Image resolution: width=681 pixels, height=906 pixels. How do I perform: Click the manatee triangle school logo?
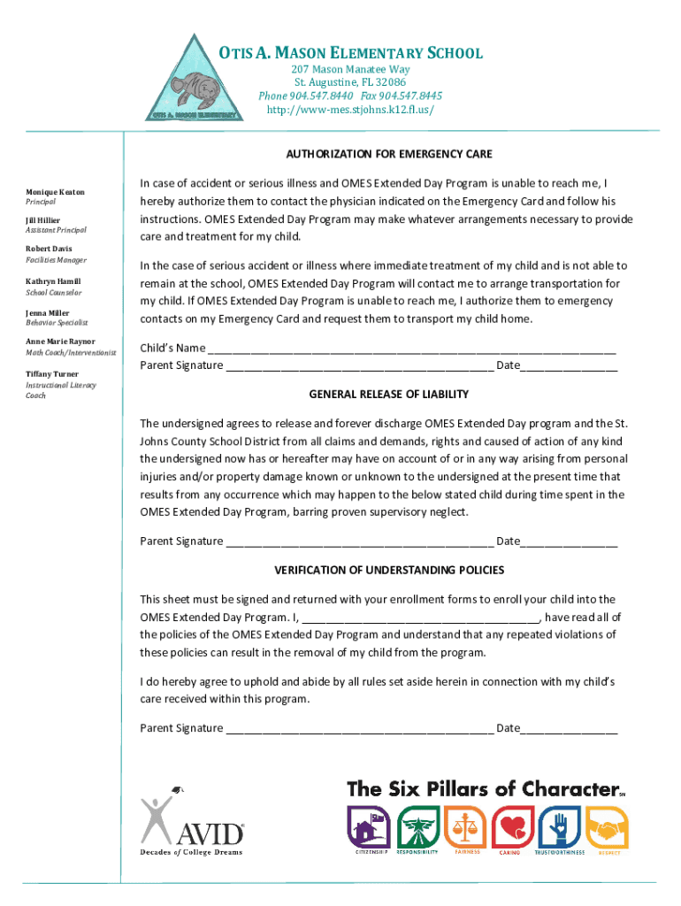click(192, 82)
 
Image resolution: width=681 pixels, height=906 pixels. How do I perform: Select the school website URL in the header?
click(350, 111)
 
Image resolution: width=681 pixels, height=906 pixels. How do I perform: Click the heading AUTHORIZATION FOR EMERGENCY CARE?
click(388, 154)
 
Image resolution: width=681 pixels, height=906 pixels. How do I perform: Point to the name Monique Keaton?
click(54, 191)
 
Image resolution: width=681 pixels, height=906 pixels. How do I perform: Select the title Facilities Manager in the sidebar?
click(56, 261)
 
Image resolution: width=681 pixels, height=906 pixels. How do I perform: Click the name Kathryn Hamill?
click(53, 280)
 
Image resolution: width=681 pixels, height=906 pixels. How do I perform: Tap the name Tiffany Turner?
click(52, 374)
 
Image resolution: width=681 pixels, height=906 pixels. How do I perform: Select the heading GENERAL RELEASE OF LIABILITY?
click(388, 395)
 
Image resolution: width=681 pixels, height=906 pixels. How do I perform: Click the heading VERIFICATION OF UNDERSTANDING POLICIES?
click(388, 570)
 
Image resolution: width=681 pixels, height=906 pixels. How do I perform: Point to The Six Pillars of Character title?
click(482, 788)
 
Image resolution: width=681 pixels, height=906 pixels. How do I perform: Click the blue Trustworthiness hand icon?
click(559, 827)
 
